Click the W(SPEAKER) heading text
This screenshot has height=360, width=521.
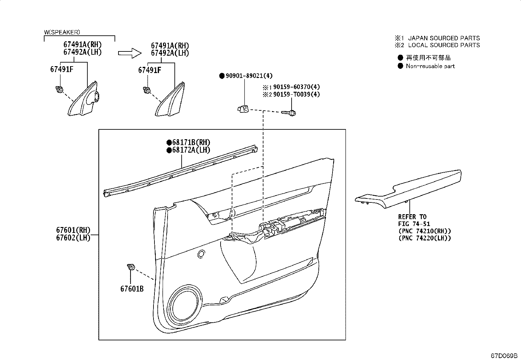coord(62,32)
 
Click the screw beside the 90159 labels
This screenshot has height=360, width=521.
coord(289,113)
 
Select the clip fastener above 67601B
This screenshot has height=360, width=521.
coord(131,268)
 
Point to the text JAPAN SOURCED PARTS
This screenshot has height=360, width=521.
coord(444,38)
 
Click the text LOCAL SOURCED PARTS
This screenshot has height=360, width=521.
coord(444,45)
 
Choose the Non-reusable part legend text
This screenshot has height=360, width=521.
coord(430,66)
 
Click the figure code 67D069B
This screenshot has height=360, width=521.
coord(504,355)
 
